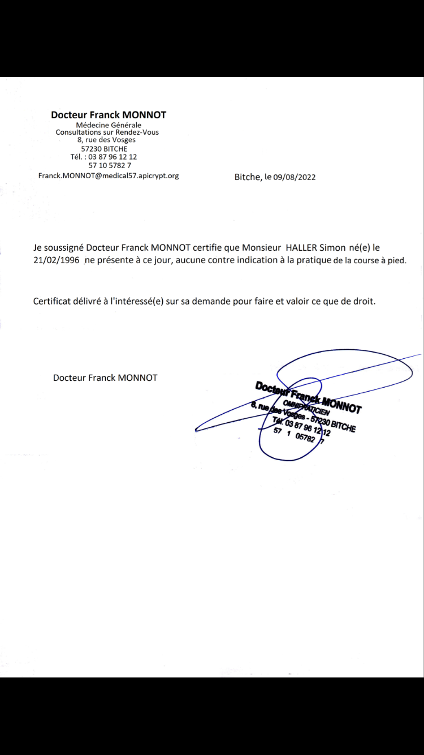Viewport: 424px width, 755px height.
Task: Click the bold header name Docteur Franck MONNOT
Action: (x=109, y=114)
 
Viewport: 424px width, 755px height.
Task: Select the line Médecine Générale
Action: (x=109, y=125)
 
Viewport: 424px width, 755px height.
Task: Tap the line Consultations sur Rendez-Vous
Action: (x=107, y=132)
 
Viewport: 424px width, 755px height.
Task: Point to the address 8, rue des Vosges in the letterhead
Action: (x=107, y=140)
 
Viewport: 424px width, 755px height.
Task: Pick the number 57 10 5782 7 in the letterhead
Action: (x=110, y=165)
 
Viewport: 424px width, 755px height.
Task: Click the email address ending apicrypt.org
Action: (x=109, y=175)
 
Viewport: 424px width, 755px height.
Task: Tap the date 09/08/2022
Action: (x=295, y=177)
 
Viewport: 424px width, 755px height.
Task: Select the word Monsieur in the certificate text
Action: (x=261, y=248)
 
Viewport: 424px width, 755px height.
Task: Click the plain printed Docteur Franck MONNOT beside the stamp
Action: (x=105, y=377)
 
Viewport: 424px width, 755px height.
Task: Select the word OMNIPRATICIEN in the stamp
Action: (x=306, y=407)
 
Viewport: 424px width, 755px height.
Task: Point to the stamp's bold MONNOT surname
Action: (x=341, y=405)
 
